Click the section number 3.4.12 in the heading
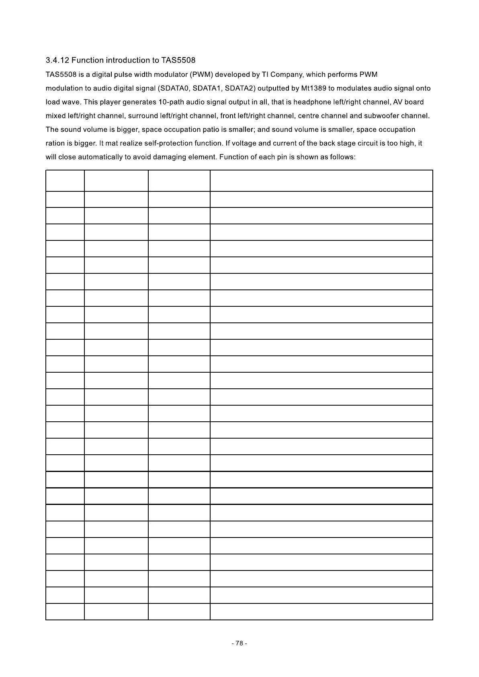point(57,61)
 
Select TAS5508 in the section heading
point(178,61)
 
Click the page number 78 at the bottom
point(239,643)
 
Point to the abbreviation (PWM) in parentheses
point(201,75)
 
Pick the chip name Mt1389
point(313,88)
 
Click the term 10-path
point(171,102)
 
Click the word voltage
point(244,143)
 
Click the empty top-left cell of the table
point(65,181)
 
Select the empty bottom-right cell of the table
point(321,611)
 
